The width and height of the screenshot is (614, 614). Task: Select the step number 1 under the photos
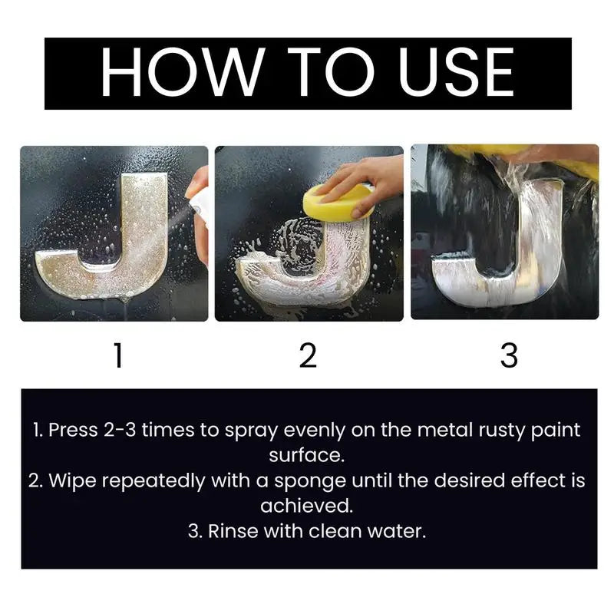(117, 355)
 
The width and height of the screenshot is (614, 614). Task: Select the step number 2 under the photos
(308, 355)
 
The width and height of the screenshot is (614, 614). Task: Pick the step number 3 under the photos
(509, 355)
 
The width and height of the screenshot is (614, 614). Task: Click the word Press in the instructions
(72, 430)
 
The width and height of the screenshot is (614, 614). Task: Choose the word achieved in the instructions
(307, 507)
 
